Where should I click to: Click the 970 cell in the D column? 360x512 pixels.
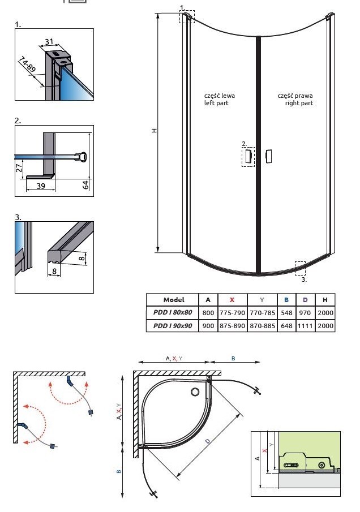pos(305,313)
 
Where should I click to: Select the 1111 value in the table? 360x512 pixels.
pos(305,326)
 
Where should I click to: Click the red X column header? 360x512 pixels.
pos(232,300)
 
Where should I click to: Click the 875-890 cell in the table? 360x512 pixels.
pos(232,326)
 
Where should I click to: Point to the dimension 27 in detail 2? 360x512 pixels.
pos(19,168)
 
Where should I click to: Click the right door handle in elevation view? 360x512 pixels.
pos(269,156)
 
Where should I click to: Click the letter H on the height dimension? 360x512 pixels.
pos(154,131)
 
